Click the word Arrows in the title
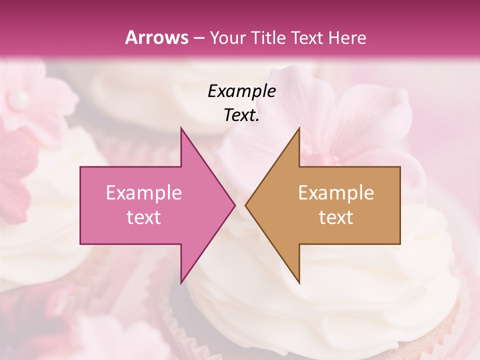tap(156, 37)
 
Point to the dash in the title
tap(198, 38)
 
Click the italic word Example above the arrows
tap(241, 91)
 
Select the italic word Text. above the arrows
tap(241, 115)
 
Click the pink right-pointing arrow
tap(150, 205)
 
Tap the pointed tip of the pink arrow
tap(234, 205)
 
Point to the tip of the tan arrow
tap(246, 205)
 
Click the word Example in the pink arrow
tap(144, 192)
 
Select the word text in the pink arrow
tap(144, 217)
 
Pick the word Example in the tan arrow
tap(336, 192)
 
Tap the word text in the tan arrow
tap(336, 217)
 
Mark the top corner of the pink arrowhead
tap(181, 128)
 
